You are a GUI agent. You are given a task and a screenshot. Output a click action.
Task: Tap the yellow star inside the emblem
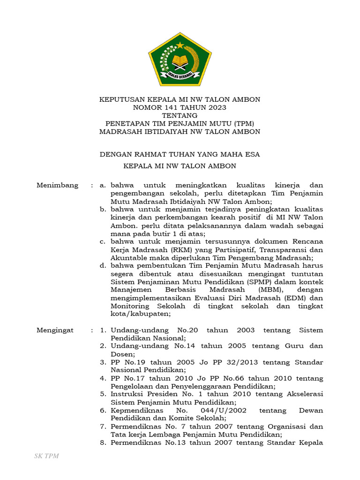coord(180,45)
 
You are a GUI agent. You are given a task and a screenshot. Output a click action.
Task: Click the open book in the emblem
coord(180,61)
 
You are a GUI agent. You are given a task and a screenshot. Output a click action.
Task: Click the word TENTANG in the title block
coord(180,115)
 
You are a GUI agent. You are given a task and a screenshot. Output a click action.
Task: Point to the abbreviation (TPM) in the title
coord(243,123)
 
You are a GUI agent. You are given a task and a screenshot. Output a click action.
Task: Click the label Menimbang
coord(57,185)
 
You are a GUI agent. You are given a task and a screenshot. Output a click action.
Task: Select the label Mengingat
coord(55,330)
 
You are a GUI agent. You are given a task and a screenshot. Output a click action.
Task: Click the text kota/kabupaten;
coord(139,314)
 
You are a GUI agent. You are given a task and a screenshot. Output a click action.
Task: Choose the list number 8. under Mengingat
coord(103,442)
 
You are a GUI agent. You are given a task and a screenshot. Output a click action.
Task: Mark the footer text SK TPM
coord(46,456)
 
